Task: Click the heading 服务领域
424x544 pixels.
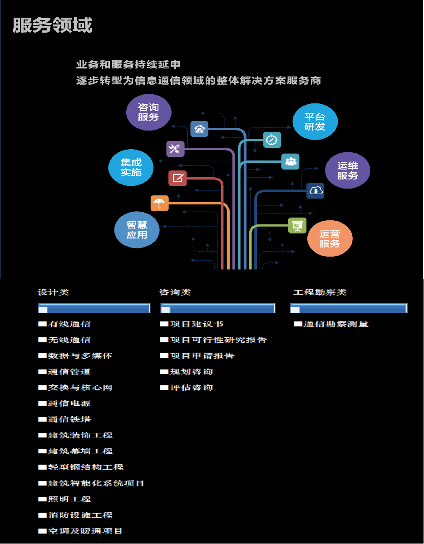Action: (x=52, y=25)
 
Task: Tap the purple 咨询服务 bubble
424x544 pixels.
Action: (x=148, y=112)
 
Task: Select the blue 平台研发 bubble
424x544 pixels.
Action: (x=315, y=121)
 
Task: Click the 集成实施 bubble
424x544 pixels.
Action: (x=131, y=167)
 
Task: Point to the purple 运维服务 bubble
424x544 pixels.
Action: (x=348, y=170)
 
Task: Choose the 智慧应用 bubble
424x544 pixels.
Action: (x=137, y=229)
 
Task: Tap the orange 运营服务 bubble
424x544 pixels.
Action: (x=330, y=238)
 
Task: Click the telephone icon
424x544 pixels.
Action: (x=199, y=129)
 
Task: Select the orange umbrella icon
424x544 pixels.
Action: (x=159, y=203)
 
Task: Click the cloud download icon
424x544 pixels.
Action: (x=315, y=191)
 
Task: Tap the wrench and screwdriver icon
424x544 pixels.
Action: (x=175, y=149)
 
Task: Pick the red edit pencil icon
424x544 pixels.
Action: (x=177, y=178)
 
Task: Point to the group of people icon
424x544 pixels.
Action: (x=290, y=161)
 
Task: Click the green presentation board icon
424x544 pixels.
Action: (x=297, y=226)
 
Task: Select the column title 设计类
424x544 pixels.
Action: (x=53, y=292)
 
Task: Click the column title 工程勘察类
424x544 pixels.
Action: (x=320, y=292)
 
